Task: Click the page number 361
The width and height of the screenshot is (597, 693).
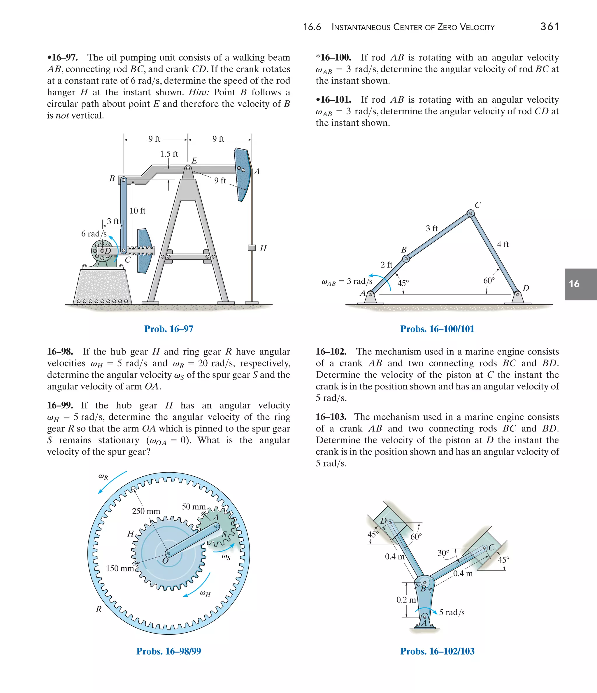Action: pos(549,27)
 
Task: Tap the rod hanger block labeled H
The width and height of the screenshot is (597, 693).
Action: pos(252,248)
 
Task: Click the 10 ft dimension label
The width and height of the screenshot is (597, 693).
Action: pos(138,211)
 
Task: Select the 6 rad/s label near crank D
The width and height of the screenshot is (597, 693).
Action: pos(94,234)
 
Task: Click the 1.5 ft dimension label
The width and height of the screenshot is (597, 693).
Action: pos(169,154)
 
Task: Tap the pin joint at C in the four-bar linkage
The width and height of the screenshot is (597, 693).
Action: pos(470,213)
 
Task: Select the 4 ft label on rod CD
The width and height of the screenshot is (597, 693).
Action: pos(503,244)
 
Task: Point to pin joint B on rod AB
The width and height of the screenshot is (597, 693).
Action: pos(406,259)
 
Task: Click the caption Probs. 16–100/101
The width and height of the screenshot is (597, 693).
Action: pos(437,329)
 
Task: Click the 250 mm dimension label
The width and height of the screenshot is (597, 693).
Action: pos(146,511)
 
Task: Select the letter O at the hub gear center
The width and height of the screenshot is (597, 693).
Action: pos(165,561)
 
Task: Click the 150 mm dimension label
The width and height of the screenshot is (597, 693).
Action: pos(120,568)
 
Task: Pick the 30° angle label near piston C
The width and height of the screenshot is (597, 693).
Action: pos(443,553)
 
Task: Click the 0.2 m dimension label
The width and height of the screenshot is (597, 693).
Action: pos(406,600)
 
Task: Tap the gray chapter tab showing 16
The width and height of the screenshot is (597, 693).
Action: pos(581,284)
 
